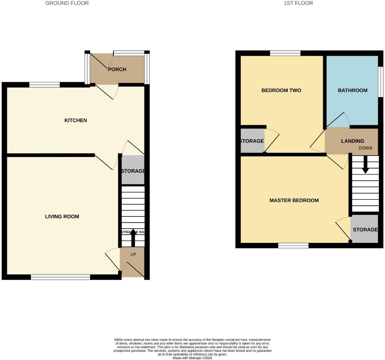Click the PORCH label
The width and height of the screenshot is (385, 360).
pos(117,69)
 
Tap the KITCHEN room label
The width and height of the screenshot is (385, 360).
pos(76,120)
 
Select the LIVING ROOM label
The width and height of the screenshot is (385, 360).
pos(62,216)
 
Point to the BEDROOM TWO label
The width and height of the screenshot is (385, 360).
pos(281,90)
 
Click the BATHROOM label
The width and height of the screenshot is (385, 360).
pos(352,90)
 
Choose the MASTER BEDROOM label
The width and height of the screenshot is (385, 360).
pos(294,200)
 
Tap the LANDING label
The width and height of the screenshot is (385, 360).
pos(352,141)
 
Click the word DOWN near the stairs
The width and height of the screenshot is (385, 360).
pos(365,148)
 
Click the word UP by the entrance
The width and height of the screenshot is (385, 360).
pos(133,255)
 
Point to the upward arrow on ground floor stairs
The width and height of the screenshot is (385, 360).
pos(133,237)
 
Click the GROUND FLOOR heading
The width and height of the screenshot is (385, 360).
pos(67,3)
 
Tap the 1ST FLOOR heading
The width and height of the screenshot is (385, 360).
pos(298,3)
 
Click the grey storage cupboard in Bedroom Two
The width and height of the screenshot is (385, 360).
pos(252,141)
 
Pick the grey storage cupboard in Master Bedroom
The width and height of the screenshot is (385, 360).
pos(365,229)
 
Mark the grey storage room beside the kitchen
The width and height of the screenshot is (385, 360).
pos(133,171)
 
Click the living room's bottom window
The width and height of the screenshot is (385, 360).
pos(60,277)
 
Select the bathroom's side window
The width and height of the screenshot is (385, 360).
pos(381,81)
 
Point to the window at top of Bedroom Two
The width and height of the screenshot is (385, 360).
pos(285,53)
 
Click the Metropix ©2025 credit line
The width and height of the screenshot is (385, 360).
pos(192,358)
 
